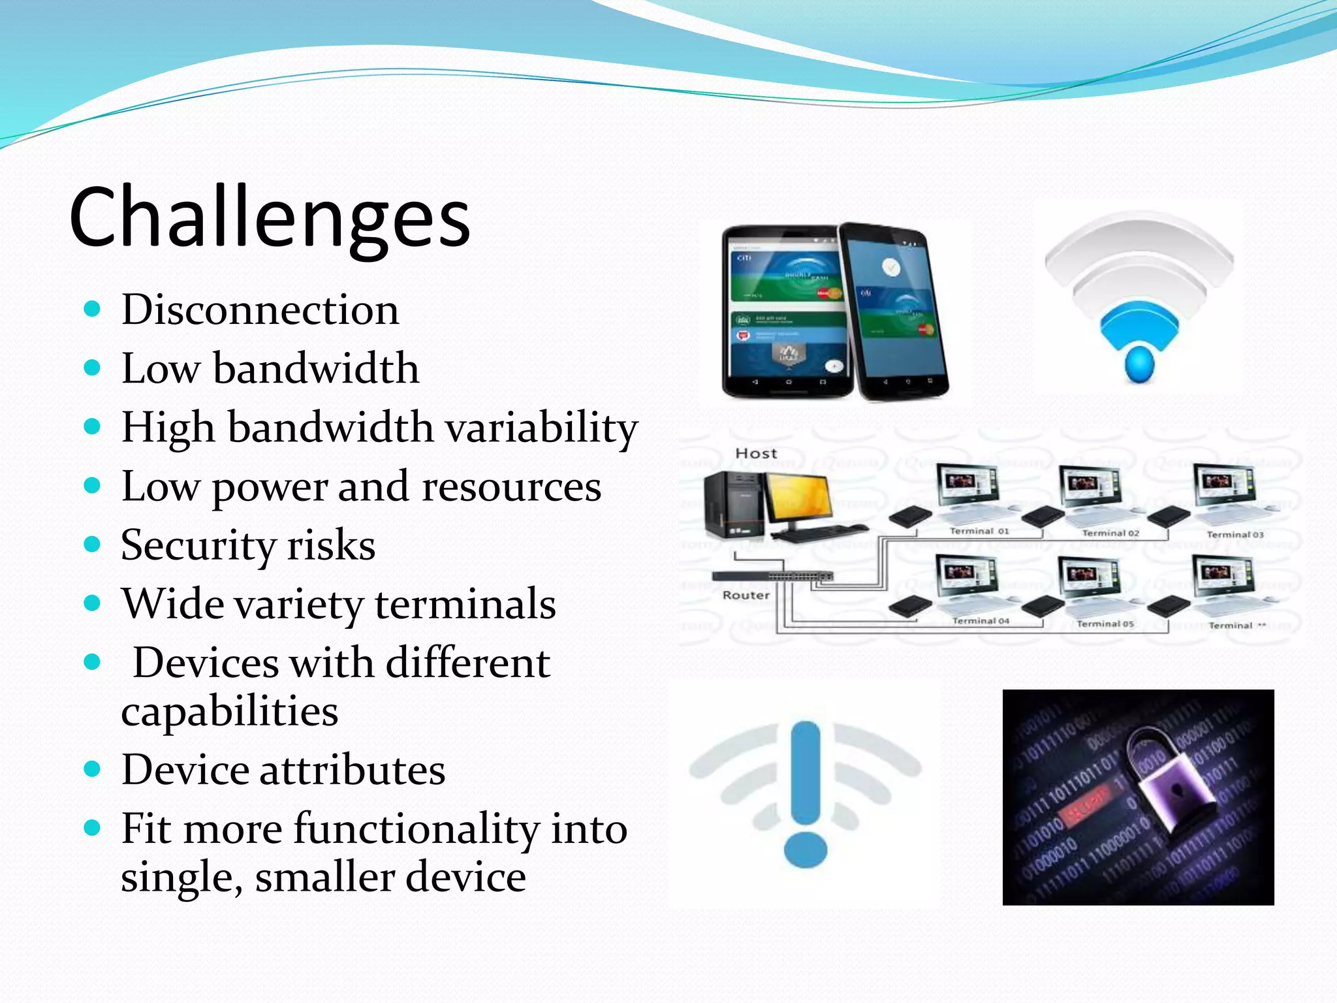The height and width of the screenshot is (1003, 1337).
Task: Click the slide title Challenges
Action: pyautogui.click(x=269, y=217)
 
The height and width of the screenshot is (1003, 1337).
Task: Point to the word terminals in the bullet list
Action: pyautogui.click(x=465, y=604)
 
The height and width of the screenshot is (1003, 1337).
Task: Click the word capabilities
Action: pyautogui.click(x=229, y=711)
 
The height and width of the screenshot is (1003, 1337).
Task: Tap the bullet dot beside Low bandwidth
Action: pyautogui.click(x=93, y=368)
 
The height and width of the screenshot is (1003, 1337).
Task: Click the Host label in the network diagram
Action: pyautogui.click(x=756, y=453)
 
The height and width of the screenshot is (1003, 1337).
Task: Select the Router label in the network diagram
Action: pyautogui.click(x=746, y=596)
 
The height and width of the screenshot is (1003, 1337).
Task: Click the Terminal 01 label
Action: pyautogui.click(x=979, y=532)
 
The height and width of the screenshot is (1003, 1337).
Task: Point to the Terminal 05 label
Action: pyautogui.click(x=1105, y=624)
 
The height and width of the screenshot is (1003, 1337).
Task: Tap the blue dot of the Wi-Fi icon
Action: pyautogui.click(x=1140, y=364)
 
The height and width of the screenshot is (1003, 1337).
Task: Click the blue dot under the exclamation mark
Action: pyautogui.click(x=805, y=850)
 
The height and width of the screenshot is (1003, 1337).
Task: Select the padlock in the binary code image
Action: pyautogui.click(x=1169, y=780)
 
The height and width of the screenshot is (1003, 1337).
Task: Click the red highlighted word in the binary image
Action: pyautogui.click(x=1083, y=806)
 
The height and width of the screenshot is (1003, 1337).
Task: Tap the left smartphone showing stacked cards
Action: pyautogui.click(x=786, y=312)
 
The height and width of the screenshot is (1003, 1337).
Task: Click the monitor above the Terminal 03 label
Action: pyautogui.click(x=1223, y=486)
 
